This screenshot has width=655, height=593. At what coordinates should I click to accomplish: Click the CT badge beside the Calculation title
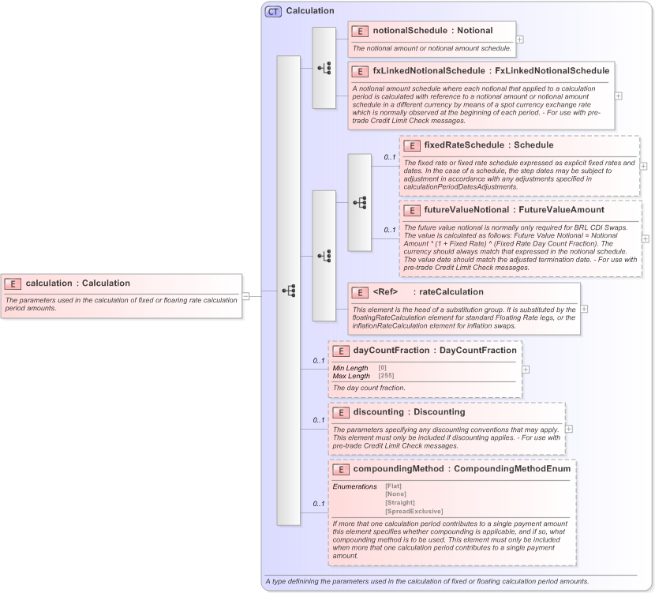[273, 11]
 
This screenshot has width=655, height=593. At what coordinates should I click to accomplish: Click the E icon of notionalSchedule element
[361, 31]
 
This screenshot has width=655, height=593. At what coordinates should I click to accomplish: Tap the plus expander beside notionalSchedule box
[519, 38]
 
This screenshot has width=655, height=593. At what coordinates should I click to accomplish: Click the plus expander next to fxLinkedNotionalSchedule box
[618, 96]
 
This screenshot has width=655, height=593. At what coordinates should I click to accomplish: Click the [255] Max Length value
[386, 376]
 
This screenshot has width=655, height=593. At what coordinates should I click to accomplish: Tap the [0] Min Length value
[382, 368]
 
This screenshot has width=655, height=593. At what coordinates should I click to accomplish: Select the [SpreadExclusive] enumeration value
[414, 511]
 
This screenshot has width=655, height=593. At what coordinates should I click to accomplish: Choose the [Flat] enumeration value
[394, 486]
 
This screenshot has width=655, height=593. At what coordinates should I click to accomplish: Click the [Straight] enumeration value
[399, 502]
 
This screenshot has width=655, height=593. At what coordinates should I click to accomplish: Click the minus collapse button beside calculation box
[246, 296]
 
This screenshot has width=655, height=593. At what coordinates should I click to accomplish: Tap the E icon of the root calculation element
[13, 283]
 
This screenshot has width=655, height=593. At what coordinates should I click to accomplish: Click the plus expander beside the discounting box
[569, 429]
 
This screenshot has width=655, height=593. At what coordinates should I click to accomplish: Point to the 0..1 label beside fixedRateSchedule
[390, 157]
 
